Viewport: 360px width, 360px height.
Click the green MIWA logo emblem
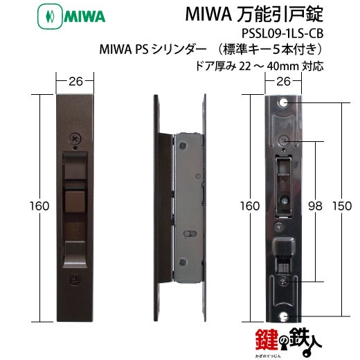tap(50, 17)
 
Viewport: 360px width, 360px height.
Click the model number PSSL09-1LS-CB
tap(282, 33)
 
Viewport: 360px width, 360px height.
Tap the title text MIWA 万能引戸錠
tap(254, 15)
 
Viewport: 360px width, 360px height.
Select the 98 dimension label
tap(315, 206)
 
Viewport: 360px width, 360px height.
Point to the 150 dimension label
tap(342, 206)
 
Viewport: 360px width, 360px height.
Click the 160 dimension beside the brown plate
tap(39, 206)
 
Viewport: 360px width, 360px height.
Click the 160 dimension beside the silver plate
tap(250, 206)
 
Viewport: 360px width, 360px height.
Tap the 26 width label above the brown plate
tap(75, 81)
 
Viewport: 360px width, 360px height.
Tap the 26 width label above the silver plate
tap(283, 81)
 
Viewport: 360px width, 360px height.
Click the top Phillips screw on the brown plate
tap(75, 139)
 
